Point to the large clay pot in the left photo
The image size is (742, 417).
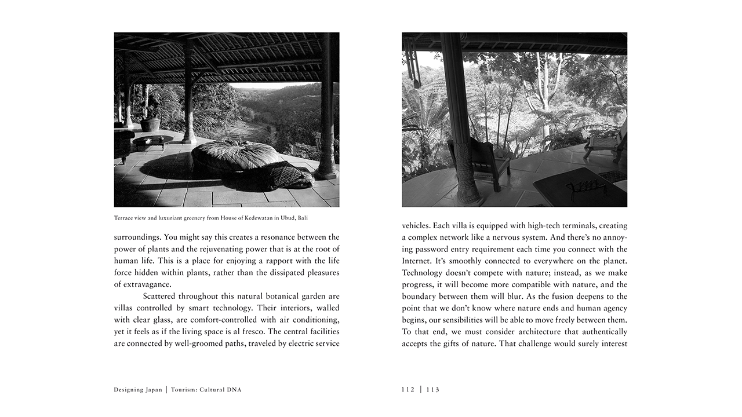pyautogui.click(x=150, y=124)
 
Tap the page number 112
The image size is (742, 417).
pyautogui.click(x=408, y=390)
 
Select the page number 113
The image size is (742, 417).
pyautogui.click(x=433, y=390)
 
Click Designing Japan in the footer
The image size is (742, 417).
pyautogui.click(x=138, y=390)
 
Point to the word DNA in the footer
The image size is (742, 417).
pyautogui.click(x=235, y=390)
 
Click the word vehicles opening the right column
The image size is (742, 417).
pyautogui.click(x=416, y=225)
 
